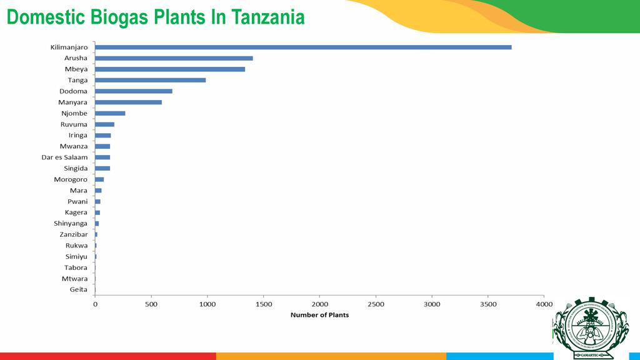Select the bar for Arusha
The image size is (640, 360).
174,58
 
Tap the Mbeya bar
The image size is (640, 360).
170,69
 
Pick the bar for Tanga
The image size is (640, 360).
150,80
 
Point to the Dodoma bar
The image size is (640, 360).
134,91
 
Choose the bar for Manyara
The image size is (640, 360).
128,102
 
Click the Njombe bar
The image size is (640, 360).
110,113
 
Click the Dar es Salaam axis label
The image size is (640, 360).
65,157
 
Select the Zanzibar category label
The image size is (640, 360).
74,234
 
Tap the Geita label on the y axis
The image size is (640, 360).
79,289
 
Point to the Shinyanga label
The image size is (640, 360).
71,224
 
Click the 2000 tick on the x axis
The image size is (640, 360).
319,304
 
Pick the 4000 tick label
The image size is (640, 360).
544,304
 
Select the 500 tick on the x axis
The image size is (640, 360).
151,304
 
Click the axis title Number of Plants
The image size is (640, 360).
319,315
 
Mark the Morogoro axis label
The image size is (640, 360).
71,179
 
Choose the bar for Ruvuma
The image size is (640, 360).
104,124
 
